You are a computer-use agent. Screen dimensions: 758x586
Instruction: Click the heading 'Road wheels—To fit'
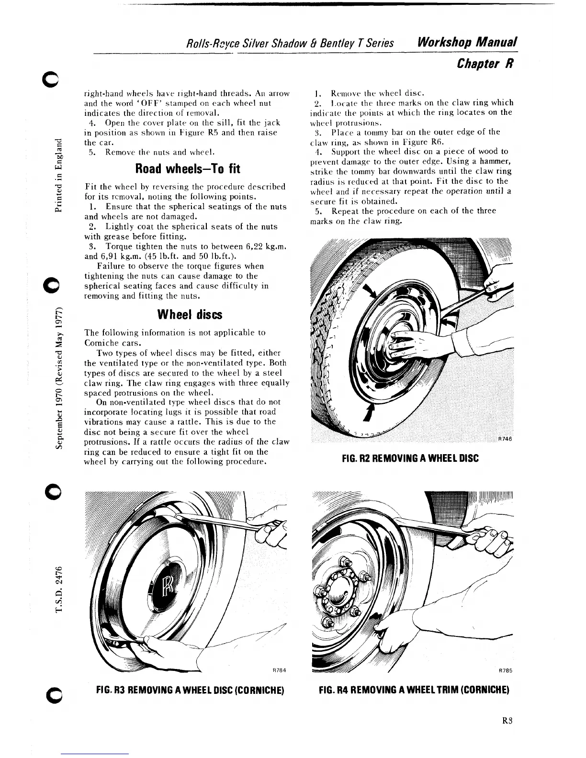[188, 169]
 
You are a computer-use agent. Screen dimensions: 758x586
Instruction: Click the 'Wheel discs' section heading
[190, 314]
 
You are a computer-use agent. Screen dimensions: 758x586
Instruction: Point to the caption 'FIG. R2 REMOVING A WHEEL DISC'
[410, 458]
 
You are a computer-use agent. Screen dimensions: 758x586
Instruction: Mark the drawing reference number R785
[506, 670]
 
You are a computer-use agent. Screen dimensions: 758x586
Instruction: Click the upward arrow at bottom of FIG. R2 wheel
[369, 412]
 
